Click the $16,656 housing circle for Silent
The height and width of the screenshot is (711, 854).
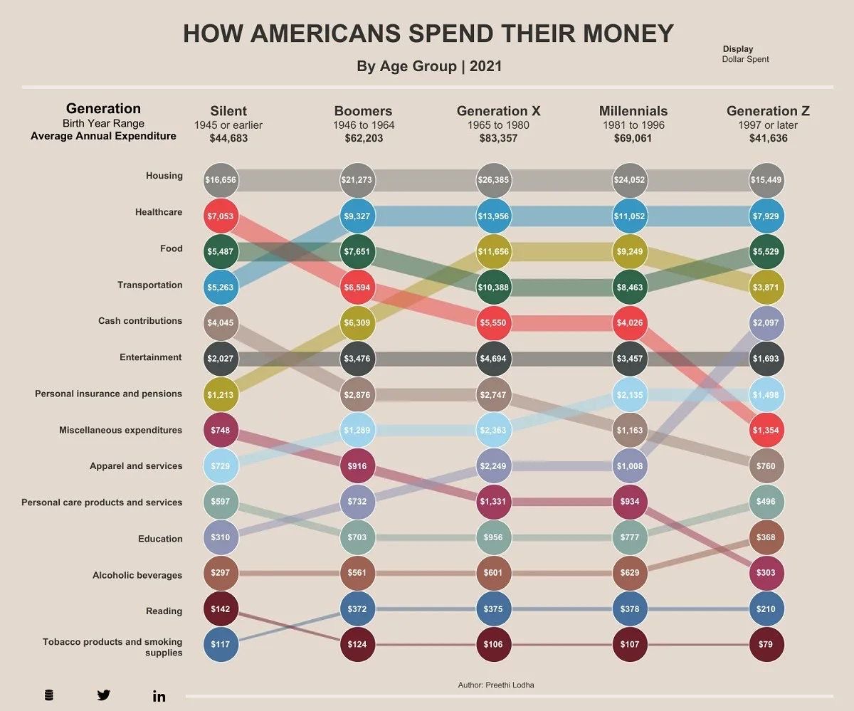[x=221, y=180]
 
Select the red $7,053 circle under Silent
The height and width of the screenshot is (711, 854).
[x=221, y=216]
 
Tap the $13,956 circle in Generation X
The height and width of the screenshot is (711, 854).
[x=492, y=216]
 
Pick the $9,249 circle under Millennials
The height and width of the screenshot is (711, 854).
[x=629, y=253]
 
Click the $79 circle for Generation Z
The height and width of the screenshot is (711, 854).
[x=766, y=645]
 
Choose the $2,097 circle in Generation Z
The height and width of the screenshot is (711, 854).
[x=766, y=322]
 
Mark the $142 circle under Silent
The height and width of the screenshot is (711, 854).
[x=221, y=609]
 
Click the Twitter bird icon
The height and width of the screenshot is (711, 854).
[x=104, y=695]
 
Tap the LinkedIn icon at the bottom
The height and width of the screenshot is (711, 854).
[x=159, y=696]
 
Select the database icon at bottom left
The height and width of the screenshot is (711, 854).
[x=48, y=695]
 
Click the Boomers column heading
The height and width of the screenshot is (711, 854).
[x=363, y=111]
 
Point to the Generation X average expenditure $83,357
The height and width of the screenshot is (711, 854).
[x=498, y=138]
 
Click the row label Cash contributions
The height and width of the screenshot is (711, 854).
[x=140, y=321]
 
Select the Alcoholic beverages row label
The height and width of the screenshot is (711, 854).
[x=137, y=575]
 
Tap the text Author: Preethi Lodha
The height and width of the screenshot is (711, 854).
[x=496, y=685]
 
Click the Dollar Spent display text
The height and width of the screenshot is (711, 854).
[x=745, y=59]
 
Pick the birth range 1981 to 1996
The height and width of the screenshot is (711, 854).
[x=633, y=125]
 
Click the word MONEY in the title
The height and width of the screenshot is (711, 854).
[x=627, y=34]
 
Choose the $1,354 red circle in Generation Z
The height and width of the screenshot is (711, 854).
[x=766, y=431]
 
